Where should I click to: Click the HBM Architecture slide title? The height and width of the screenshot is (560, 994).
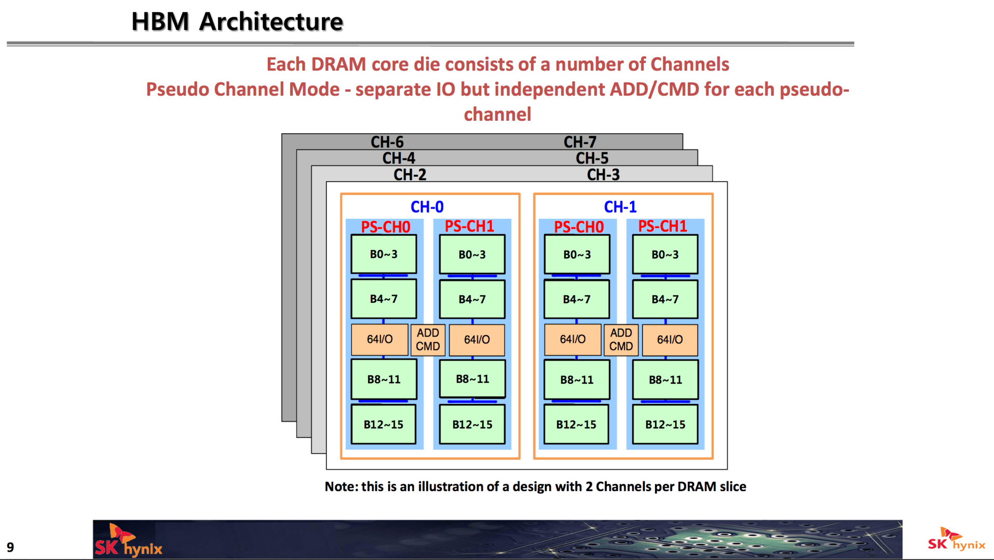click(x=237, y=22)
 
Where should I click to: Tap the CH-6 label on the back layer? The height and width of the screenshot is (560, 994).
click(x=387, y=142)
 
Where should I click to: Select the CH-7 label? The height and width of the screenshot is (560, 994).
click(x=580, y=142)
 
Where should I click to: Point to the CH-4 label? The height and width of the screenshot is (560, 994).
click(x=399, y=158)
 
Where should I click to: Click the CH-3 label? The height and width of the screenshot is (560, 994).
click(x=603, y=175)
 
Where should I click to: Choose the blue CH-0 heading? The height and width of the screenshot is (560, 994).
click(x=427, y=207)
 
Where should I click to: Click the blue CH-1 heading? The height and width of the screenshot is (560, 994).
click(x=620, y=207)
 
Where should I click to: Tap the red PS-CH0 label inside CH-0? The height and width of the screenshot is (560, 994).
click(x=385, y=227)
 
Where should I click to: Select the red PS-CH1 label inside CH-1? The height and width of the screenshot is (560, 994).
click(x=662, y=226)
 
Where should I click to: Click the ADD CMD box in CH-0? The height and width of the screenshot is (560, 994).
click(x=428, y=340)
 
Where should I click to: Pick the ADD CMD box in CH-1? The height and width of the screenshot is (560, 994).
click(x=621, y=340)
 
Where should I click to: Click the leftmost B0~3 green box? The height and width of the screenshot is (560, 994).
click(x=384, y=254)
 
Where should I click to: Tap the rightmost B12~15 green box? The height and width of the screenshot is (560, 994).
click(x=665, y=425)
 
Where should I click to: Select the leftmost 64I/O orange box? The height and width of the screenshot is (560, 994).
click(x=379, y=340)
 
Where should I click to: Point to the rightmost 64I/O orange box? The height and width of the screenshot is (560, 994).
click(x=670, y=340)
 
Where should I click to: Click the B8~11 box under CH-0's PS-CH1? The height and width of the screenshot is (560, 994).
click(x=472, y=379)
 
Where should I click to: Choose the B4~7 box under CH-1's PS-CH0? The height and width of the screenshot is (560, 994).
click(x=577, y=299)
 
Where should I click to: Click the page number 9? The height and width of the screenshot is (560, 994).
click(x=10, y=547)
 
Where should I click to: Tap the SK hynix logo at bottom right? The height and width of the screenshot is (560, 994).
click(x=956, y=540)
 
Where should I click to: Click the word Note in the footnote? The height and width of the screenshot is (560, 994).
click(x=341, y=487)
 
